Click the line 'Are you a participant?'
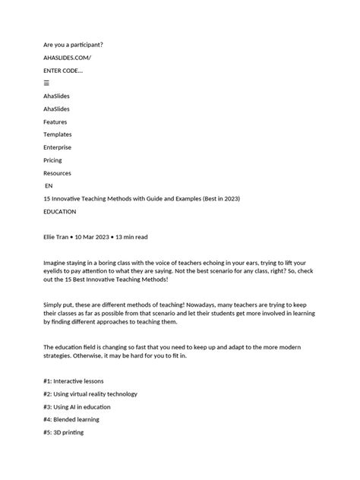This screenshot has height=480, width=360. click(73, 45)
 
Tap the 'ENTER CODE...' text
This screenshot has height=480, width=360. click(63, 71)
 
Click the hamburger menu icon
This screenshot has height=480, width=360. click(46, 83)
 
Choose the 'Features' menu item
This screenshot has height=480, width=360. click(55, 122)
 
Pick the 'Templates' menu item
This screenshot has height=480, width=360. click(58, 134)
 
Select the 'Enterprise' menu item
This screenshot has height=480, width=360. click(58, 147)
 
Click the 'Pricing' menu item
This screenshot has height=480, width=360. click(53, 160)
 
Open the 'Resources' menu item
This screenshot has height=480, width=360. click(58, 173)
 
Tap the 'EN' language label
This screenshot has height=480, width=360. click(49, 186)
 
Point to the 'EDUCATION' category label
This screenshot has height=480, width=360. click(60, 212)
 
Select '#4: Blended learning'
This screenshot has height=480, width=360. click(71, 419)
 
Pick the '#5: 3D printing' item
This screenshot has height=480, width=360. click(64, 432)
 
